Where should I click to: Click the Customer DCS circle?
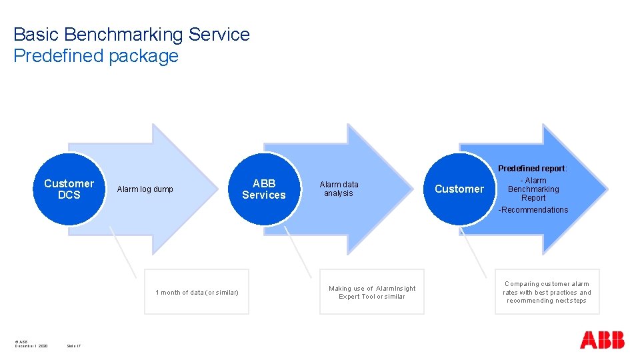coord(69,189)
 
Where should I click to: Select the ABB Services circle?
coord(263,189)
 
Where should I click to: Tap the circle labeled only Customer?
coord(459,189)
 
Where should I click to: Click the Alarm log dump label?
coord(145,189)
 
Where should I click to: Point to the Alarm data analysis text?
coord(339,189)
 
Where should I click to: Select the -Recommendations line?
coord(533,210)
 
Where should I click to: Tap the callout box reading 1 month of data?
coord(197,292)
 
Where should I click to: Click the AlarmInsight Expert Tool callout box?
coord(371,292)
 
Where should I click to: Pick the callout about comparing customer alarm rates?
coord(547,292)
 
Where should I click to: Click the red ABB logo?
coord(602,340)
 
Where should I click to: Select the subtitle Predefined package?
coord(96,56)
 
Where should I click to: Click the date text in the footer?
coord(31,346)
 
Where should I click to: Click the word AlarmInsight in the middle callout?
coord(395,289)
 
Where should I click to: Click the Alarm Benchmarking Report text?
coord(533,189)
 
